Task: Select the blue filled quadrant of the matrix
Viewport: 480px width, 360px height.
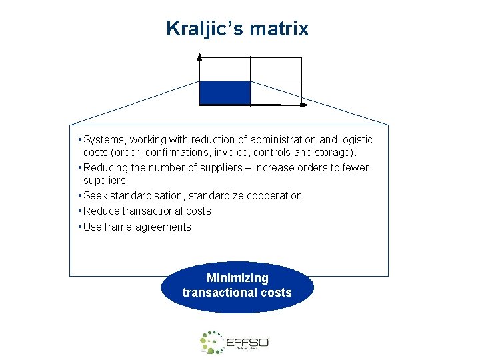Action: tap(225, 93)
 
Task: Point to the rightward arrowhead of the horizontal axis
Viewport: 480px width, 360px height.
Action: tap(305, 105)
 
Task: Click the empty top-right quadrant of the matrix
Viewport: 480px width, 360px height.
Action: tap(276, 69)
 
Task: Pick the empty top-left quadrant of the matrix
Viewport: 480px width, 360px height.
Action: tap(225, 69)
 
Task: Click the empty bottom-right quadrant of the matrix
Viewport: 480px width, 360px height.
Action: tap(276, 93)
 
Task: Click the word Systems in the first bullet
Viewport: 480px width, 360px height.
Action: tap(105, 139)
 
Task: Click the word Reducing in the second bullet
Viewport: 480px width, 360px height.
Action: tap(107, 167)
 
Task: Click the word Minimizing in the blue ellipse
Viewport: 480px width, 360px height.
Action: tap(237, 278)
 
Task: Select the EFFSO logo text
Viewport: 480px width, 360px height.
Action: tap(247, 342)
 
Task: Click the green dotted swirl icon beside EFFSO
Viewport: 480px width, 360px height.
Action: tap(212, 341)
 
